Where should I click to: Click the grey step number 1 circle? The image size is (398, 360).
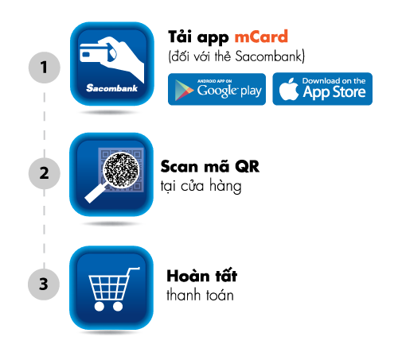click(45, 68)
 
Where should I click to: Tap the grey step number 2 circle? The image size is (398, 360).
click(45, 173)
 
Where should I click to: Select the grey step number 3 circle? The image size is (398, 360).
click(44, 285)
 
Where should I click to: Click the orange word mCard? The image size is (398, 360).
click(261, 37)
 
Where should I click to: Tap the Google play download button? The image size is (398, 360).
click(217, 89)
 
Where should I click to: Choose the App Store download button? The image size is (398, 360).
click(322, 89)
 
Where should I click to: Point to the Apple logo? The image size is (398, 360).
click(289, 89)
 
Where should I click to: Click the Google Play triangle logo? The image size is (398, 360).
click(184, 90)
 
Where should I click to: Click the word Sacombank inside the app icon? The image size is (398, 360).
click(111, 88)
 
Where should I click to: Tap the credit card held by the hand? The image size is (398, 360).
click(94, 53)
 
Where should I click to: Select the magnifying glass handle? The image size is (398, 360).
click(95, 193)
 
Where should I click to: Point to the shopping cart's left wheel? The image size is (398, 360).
click(99, 306)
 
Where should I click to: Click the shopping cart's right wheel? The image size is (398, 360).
click(118, 306)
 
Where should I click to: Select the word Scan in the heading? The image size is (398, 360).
click(179, 167)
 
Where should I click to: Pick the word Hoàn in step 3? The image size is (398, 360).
click(188, 276)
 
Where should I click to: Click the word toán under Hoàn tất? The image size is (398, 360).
click(220, 295)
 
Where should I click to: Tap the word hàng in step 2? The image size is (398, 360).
click(225, 186)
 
